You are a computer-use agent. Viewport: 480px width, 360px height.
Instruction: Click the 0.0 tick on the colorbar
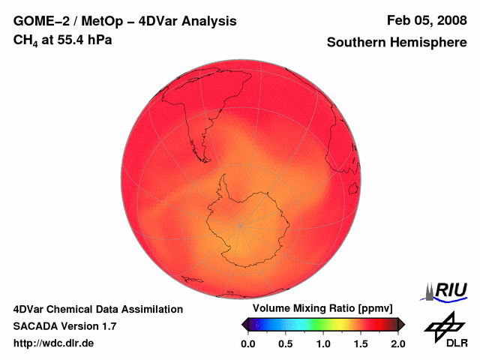point(248,343)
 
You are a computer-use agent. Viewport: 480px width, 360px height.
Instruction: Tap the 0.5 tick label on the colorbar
point(286,343)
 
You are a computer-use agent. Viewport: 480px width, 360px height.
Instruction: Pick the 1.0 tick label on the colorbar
point(323,343)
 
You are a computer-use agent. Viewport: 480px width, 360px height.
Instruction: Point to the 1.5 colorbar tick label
point(361,343)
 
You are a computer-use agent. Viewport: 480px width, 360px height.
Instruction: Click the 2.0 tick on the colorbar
point(397,343)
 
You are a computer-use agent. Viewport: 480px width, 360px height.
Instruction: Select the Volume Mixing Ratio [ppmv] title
point(317,309)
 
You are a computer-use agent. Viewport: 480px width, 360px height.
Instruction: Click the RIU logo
point(447,290)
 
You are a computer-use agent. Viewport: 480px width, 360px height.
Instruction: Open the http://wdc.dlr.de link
point(54,343)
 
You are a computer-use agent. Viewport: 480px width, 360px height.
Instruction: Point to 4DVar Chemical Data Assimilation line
point(98,309)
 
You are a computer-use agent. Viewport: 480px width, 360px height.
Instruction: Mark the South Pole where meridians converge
point(240,224)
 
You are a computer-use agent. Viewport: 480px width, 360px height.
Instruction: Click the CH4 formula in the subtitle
point(25,40)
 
